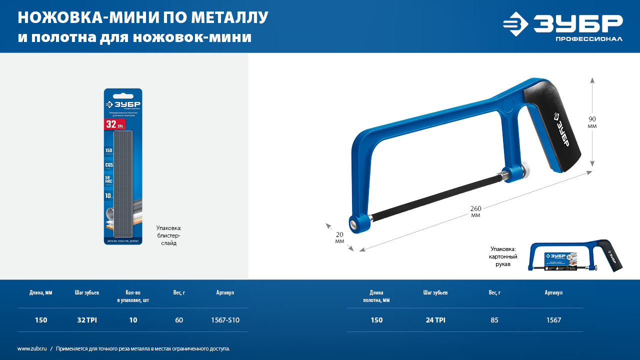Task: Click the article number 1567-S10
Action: [x=225, y=320]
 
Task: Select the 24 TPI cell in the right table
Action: [x=435, y=320]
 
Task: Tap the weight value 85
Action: [x=494, y=320]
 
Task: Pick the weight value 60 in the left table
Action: [x=179, y=320]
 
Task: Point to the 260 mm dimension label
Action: [x=475, y=211]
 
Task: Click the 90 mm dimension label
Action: [x=592, y=122]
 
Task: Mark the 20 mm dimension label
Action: [x=339, y=237]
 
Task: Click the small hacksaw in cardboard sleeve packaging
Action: [x=576, y=257]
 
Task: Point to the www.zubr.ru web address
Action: [x=32, y=348]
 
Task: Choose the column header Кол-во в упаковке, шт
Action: [x=132, y=296]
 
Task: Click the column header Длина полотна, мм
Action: [x=376, y=296]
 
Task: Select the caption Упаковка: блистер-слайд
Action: [x=169, y=235]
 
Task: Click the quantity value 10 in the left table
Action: [x=133, y=320]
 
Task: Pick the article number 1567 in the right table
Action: [x=553, y=320]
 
